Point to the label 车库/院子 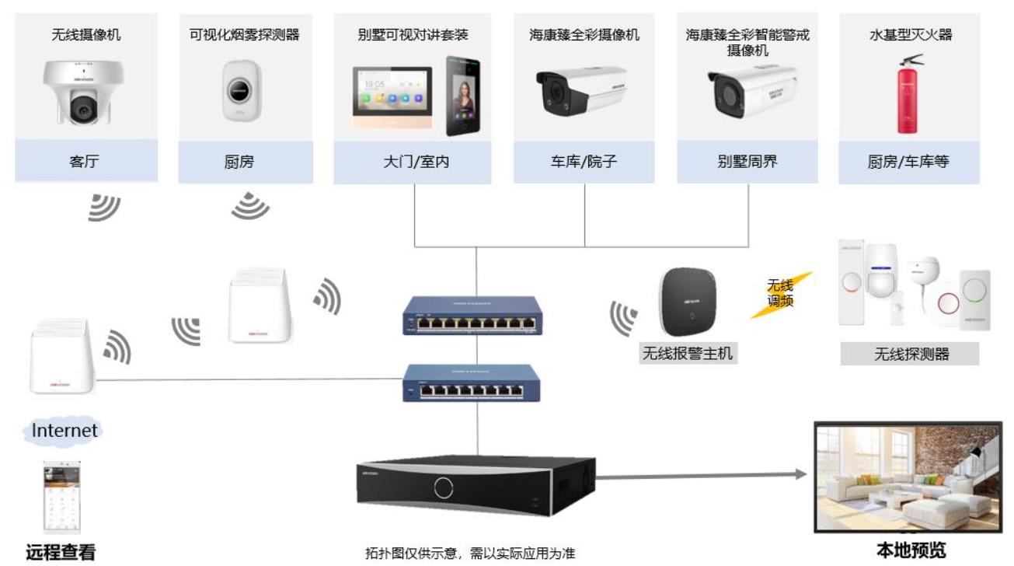click(584, 162)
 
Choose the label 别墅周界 click(747, 162)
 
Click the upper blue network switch click(472, 316)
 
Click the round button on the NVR click(444, 487)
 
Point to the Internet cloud click(64, 431)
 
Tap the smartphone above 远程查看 click(61, 495)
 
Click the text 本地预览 click(911, 550)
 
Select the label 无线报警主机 click(687, 354)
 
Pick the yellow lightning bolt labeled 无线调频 click(780, 295)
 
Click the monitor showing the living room click(908, 475)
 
